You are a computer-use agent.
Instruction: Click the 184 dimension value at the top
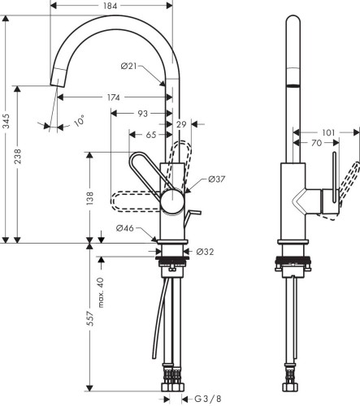click(x=111, y=6)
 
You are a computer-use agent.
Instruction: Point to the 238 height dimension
click(x=17, y=156)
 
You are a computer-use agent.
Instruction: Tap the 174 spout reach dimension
click(x=113, y=97)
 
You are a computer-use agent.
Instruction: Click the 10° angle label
click(x=79, y=121)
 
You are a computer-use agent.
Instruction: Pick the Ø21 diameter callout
click(x=128, y=66)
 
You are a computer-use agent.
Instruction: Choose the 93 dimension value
click(x=143, y=114)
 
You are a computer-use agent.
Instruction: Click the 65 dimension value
click(x=151, y=135)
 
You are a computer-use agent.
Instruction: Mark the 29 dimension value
click(x=181, y=124)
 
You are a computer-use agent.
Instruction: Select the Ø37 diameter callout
click(x=217, y=179)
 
